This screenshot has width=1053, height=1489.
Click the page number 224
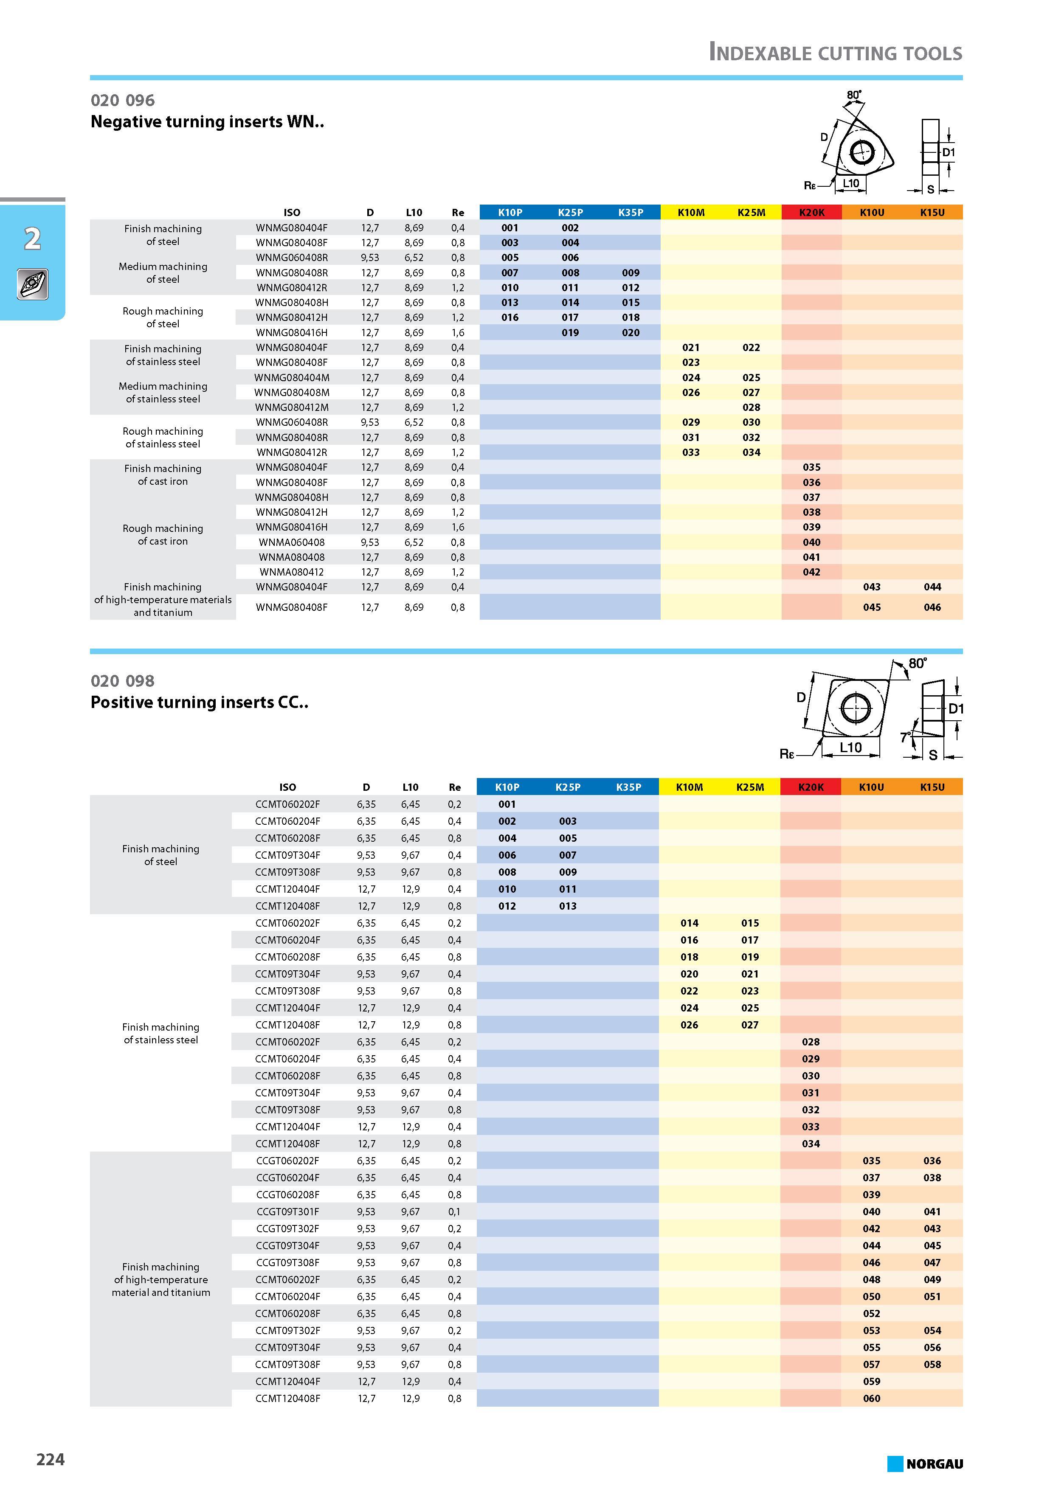coord(51,1459)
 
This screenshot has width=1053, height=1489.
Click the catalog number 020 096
coord(123,101)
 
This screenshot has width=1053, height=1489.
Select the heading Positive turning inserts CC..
coord(199,702)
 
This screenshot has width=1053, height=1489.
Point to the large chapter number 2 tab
coord(32,239)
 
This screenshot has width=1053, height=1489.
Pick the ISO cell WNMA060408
coord(292,542)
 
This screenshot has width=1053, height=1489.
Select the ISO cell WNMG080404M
coord(292,377)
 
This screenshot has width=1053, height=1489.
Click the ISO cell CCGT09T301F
coord(287,1211)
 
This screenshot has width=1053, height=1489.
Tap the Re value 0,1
coord(455,1211)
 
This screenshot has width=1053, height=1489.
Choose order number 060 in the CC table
coord(871,1398)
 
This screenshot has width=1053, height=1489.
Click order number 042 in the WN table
coord(812,572)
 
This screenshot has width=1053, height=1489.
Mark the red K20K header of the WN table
coord(812,212)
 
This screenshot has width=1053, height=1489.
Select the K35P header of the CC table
coord(629,787)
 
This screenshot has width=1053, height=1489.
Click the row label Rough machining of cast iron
coord(163,535)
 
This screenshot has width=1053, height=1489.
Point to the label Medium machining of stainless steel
coord(163,392)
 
